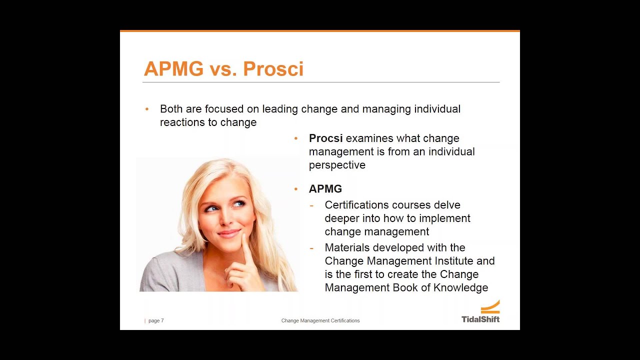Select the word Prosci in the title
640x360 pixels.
(x=273, y=69)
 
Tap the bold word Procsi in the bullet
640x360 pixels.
(x=325, y=138)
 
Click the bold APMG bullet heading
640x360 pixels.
(x=325, y=189)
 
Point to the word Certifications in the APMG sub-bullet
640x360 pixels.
(x=357, y=205)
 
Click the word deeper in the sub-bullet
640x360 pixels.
(x=342, y=218)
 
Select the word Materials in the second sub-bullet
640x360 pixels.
(x=347, y=248)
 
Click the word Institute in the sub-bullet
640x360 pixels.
(x=449, y=261)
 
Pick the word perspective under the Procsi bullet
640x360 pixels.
(x=337, y=165)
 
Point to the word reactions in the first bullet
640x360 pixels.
(x=181, y=122)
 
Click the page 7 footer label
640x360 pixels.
(x=155, y=320)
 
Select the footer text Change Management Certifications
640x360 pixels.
(x=320, y=320)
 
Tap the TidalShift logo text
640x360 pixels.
(x=480, y=319)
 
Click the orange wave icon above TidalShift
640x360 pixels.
(x=490, y=306)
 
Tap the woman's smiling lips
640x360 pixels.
(x=229, y=233)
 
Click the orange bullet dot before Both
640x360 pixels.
(x=147, y=109)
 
